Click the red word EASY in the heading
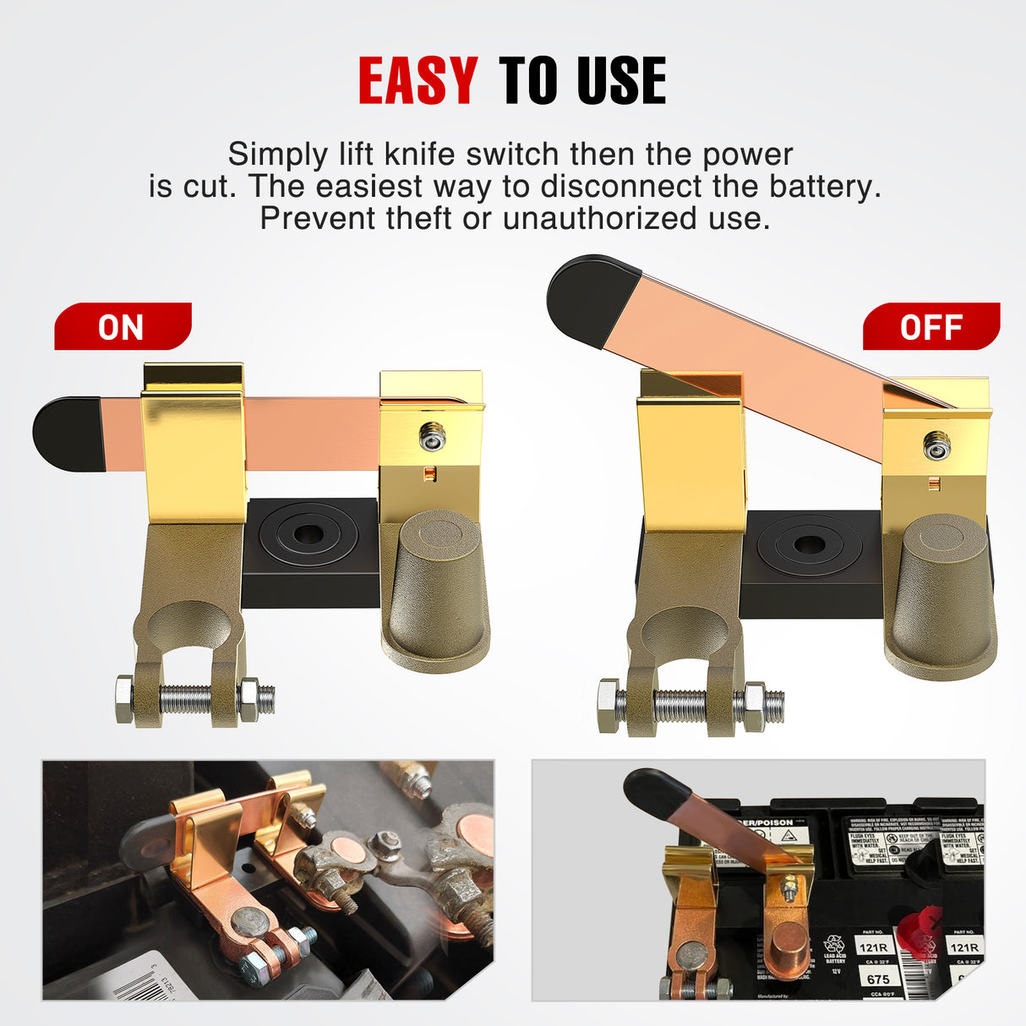pyautogui.click(x=417, y=81)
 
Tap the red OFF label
pyautogui.click(x=930, y=327)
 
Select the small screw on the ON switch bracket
pyautogui.click(x=432, y=435)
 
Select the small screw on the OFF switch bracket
pyautogui.click(x=936, y=445)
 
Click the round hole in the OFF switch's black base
pyautogui.click(x=809, y=544)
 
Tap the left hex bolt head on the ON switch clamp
pyautogui.click(x=124, y=699)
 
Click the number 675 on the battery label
pyautogui.click(x=878, y=979)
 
